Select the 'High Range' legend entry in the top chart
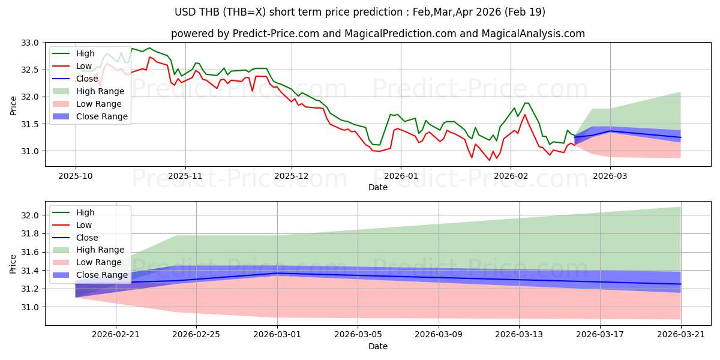coord(100,91)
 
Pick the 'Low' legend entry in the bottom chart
coord(84,225)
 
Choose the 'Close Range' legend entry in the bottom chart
coord(102,275)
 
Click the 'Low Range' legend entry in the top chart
coord(99,104)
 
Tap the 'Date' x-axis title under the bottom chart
coord(378,346)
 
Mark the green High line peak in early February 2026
coord(526,103)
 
